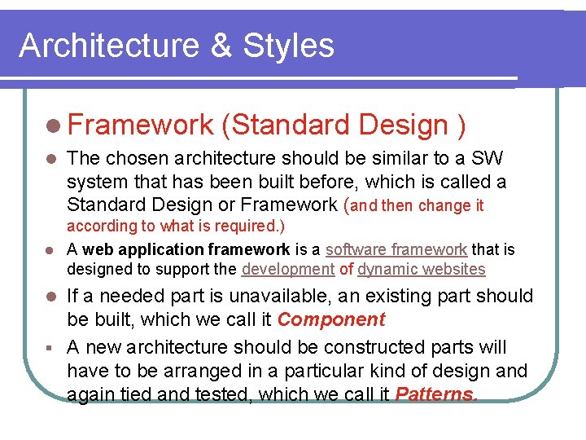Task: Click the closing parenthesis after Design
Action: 461,125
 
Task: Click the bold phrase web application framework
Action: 186,249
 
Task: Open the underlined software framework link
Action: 396,249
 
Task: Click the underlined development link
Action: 288,269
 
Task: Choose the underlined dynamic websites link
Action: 421,269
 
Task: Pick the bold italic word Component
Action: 330,319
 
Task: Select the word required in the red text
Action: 247,226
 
